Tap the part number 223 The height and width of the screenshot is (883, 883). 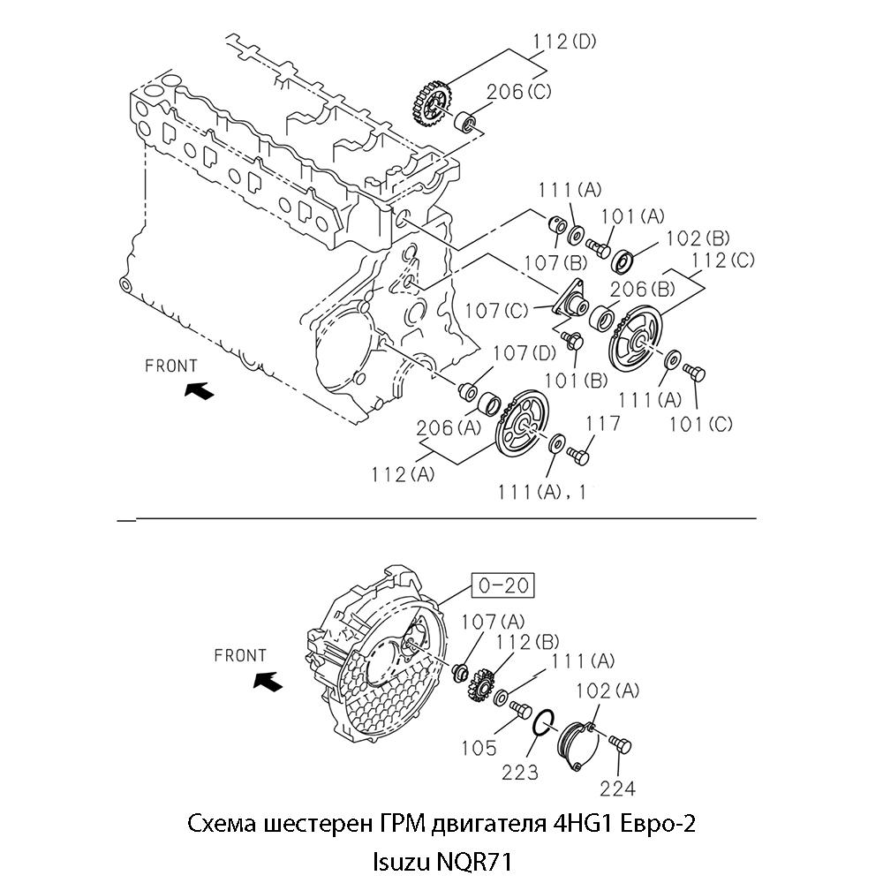coord(520,773)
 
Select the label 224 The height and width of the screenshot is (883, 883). coord(618,788)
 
